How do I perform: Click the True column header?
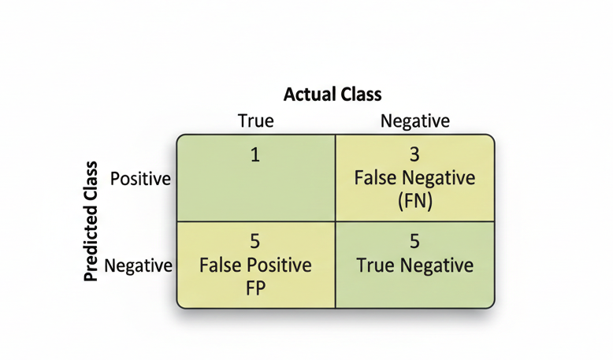255,121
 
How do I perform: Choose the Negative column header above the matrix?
414,121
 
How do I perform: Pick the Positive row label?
140,179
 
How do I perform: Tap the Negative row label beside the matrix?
138,265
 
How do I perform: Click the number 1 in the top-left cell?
254,154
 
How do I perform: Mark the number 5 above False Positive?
254,241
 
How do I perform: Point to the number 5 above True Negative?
414,241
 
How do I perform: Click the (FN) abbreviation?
414,201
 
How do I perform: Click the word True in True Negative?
376,265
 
